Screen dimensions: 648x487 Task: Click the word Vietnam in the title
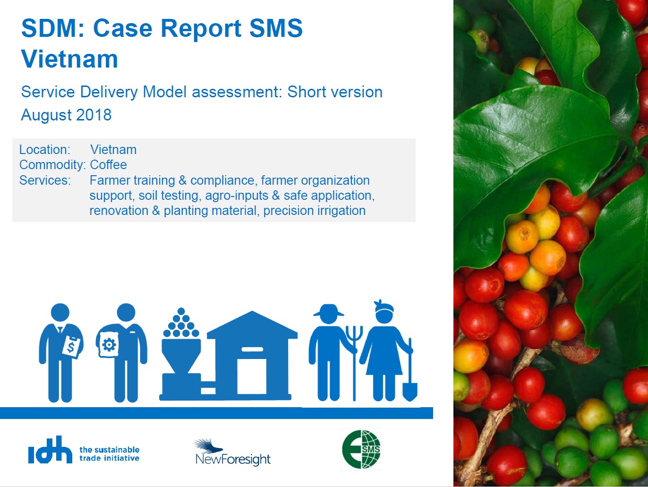(x=70, y=59)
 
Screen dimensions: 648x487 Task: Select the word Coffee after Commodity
(x=108, y=165)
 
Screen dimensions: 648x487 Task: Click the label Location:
(x=45, y=150)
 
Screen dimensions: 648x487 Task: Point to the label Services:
(x=45, y=180)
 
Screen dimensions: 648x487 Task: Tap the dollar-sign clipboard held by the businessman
(x=71, y=347)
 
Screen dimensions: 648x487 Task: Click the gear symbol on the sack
(x=109, y=344)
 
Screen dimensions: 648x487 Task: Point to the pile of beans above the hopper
(x=181, y=323)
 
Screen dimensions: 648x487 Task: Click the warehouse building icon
(x=252, y=356)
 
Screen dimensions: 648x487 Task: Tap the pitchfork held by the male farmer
(x=354, y=363)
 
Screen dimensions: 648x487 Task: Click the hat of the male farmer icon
(x=329, y=310)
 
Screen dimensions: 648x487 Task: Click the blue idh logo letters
(x=50, y=450)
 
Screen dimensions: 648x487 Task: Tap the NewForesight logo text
(x=233, y=459)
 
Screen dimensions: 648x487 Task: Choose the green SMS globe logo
(x=361, y=449)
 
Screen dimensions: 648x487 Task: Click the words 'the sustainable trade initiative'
(x=109, y=454)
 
